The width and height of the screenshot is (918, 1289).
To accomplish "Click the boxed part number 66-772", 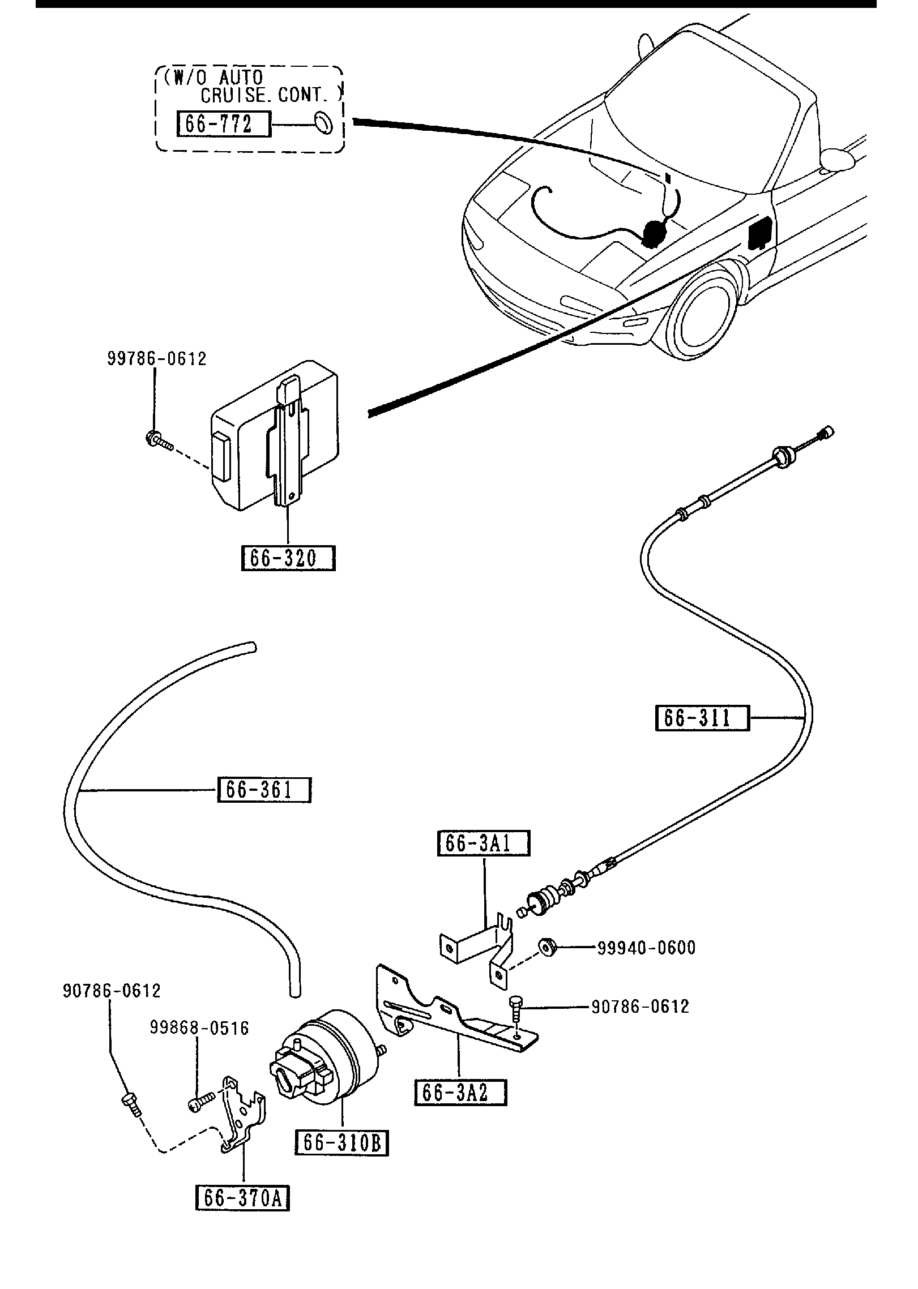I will pos(224,124).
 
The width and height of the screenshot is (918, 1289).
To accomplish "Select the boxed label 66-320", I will pos(288,558).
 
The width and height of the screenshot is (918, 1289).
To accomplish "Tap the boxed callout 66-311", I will pos(702,718).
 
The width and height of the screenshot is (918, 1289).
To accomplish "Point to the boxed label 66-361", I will pos(264,790).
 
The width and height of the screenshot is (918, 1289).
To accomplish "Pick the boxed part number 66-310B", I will pos(342,1143).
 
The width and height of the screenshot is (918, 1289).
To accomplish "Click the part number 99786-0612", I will pos(157,359).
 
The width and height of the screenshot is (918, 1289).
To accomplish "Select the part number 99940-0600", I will pos(646,948).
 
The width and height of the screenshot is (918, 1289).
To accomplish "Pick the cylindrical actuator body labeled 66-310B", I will pos(328,1058).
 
